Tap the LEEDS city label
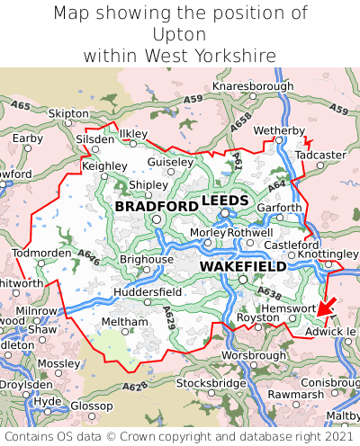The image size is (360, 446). coord(226,200)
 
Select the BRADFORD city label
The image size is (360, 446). coord(157,207)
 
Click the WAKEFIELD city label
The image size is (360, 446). coord(242,267)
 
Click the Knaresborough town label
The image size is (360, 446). coord(253,86)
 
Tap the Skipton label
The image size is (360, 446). coord(68,114)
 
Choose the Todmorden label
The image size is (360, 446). coord(41,252)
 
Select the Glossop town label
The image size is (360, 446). coord(91,406)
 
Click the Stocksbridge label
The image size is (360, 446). coord(211,383)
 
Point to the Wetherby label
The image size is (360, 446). coord(280,130)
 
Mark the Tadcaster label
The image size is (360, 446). coord(320,155)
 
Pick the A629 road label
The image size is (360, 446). coord(170,317)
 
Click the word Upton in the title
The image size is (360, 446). coord(180,34)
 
